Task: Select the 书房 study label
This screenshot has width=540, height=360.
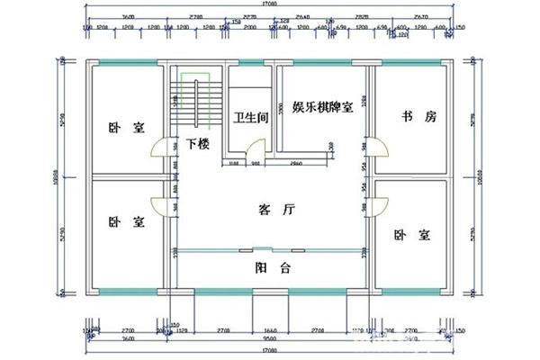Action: pos(418,117)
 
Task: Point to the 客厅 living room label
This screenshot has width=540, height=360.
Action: pos(276,210)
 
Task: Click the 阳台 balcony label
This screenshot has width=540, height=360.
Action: pos(267,266)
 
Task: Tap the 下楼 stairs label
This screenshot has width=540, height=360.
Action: pos(198,144)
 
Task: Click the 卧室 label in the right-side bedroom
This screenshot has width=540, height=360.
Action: pos(411,234)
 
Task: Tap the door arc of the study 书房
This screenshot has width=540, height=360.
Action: pos(380,148)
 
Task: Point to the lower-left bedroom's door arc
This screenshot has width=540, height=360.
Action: pos(158,205)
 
